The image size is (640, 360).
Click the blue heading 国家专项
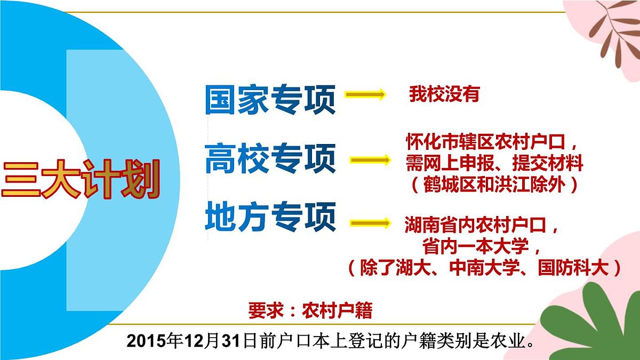tap(270, 99)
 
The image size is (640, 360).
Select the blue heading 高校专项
tap(270, 158)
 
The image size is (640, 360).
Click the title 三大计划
tap(80, 180)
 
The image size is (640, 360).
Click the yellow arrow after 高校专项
tap(369, 159)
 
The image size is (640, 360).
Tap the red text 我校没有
tap(444, 94)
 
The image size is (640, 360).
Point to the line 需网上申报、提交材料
tap(494, 163)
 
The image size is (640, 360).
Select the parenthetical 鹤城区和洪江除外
tap(494, 184)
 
